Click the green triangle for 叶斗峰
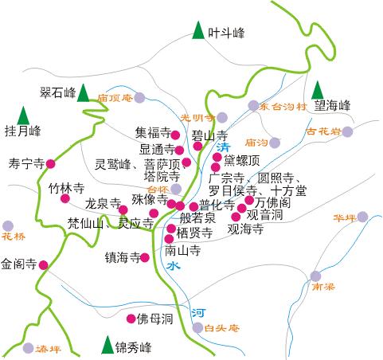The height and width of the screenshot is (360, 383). (197, 32)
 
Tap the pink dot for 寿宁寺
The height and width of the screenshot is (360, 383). (51, 164)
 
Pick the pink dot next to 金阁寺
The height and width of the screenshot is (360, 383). (43, 264)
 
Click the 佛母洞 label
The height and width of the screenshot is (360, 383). (155, 319)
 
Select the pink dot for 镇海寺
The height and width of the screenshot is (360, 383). (145, 257)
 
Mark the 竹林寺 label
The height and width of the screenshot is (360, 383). (66, 189)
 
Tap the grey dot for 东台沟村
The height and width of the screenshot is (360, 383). (253, 105)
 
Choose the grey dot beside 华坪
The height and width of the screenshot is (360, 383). (362, 217)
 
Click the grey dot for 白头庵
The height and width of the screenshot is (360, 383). (197, 327)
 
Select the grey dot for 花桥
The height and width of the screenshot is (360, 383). (8, 226)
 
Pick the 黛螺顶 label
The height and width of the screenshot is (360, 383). (242, 159)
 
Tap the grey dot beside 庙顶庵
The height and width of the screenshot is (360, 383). (139, 98)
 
